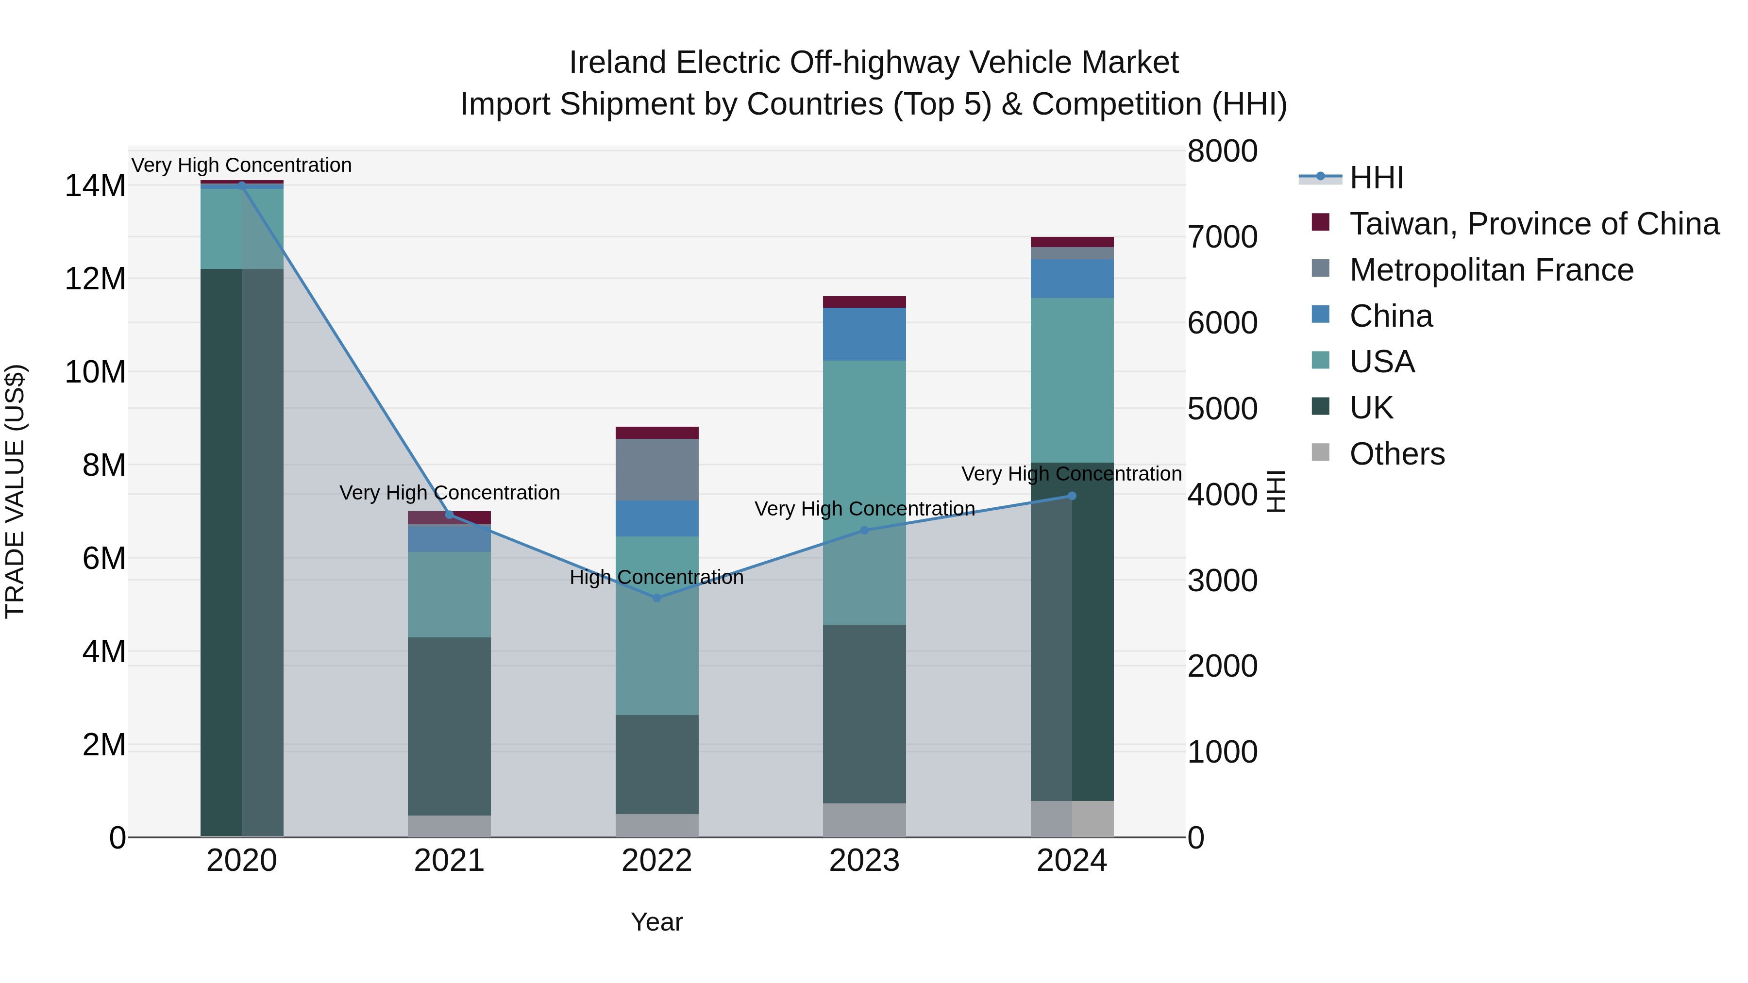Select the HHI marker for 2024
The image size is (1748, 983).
[1072, 496]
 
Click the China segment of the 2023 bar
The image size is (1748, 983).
[864, 334]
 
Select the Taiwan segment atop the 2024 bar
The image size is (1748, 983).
[1072, 242]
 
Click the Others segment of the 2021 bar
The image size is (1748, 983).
[449, 826]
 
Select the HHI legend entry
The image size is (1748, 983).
[1376, 178]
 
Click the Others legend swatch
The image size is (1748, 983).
[1321, 452]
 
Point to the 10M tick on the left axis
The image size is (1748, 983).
[95, 372]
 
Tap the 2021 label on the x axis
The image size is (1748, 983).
[449, 861]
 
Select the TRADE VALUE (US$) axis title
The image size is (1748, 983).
[15, 491]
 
